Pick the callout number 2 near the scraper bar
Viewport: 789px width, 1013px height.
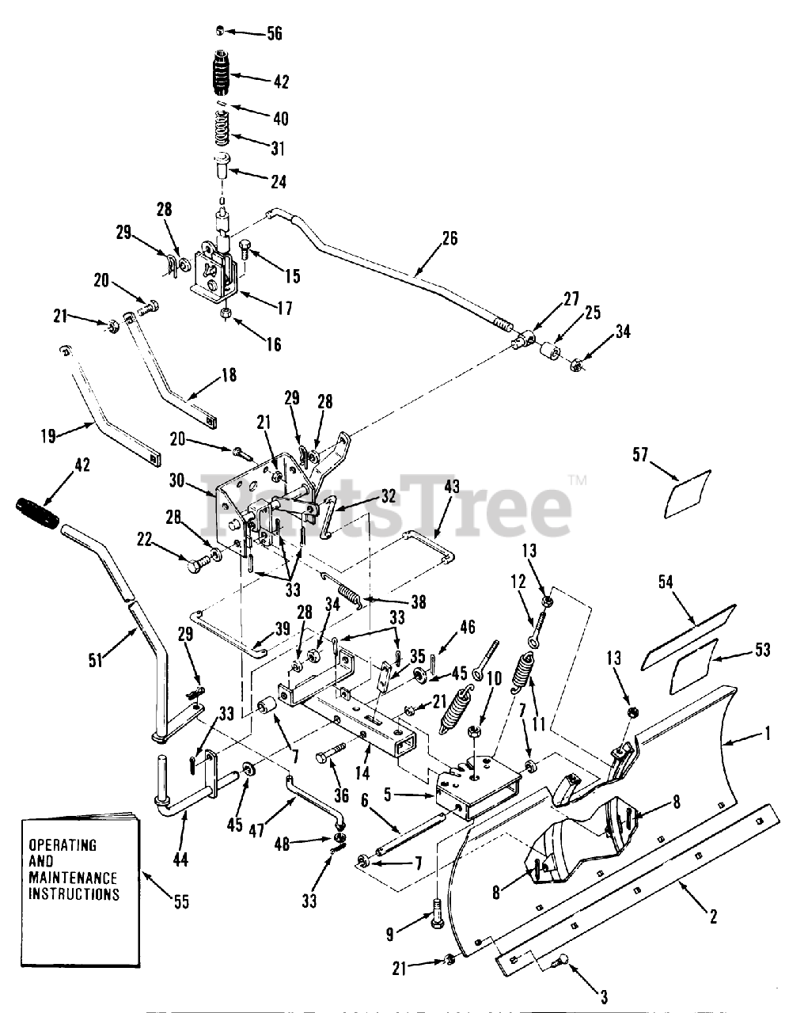click(713, 916)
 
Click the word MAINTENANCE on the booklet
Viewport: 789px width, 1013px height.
click(73, 878)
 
